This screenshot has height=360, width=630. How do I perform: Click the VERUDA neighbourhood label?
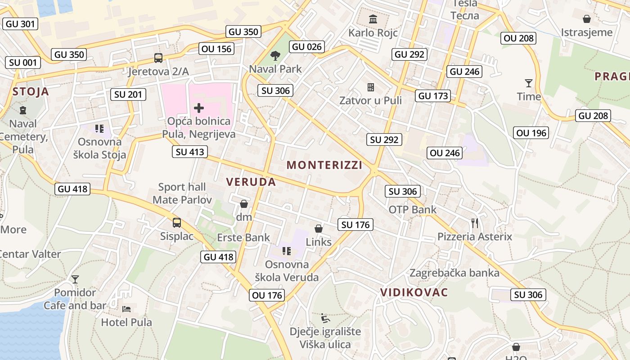tap(251, 182)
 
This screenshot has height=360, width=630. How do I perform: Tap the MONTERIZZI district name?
tap(324, 165)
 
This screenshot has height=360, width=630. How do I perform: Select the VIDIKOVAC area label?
tap(414, 292)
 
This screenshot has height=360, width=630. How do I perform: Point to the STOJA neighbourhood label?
tap(31, 92)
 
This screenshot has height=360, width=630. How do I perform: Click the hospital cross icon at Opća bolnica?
tap(198, 108)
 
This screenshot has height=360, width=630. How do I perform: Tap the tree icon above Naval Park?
tap(275, 56)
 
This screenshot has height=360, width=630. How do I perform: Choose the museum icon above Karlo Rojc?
tap(373, 19)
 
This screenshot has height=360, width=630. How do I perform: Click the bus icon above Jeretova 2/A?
tap(158, 58)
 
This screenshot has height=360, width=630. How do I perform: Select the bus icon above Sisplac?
tap(177, 222)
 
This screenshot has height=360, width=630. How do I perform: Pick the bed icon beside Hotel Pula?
tap(126, 309)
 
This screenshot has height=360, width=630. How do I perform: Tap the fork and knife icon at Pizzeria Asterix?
tap(474, 222)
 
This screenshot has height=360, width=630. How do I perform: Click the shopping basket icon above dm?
tap(244, 204)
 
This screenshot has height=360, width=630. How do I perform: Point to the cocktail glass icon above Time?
tap(528, 83)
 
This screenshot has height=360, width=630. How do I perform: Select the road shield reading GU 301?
tap(21, 24)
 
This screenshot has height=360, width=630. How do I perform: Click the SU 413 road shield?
tap(190, 152)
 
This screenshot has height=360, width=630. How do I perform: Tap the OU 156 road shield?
tap(216, 49)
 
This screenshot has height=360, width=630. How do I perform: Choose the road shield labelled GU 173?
tap(433, 95)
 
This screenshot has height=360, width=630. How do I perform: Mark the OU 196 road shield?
tap(531, 133)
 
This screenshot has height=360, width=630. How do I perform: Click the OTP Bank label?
tap(412, 209)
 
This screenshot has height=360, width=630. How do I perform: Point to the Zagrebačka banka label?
tap(454, 273)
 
